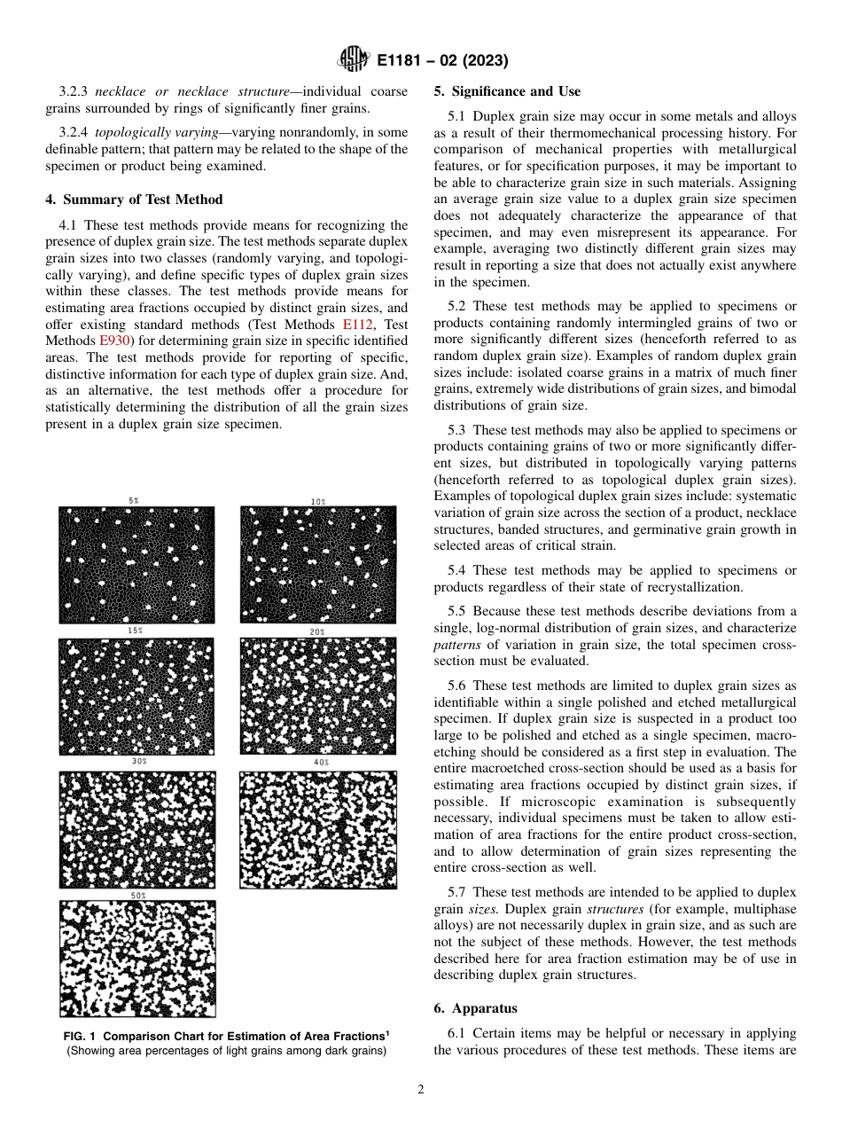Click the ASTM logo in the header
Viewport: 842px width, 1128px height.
(x=353, y=60)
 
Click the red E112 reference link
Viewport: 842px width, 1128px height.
(x=355, y=325)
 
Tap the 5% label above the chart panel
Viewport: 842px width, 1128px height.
(x=133, y=501)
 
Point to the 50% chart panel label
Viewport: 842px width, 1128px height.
(x=138, y=896)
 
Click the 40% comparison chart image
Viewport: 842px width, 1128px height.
(x=318, y=829)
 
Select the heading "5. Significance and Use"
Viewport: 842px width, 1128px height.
(x=507, y=91)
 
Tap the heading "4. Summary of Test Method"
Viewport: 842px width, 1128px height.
(x=134, y=200)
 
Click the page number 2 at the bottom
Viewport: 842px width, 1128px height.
(x=420, y=1090)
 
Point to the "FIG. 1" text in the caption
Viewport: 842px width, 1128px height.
(x=79, y=1037)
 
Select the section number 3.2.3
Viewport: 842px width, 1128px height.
(x=74, y=92)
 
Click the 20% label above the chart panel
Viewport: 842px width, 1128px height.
(x=318, y=631)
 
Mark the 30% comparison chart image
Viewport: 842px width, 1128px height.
(x=136, y=829)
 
